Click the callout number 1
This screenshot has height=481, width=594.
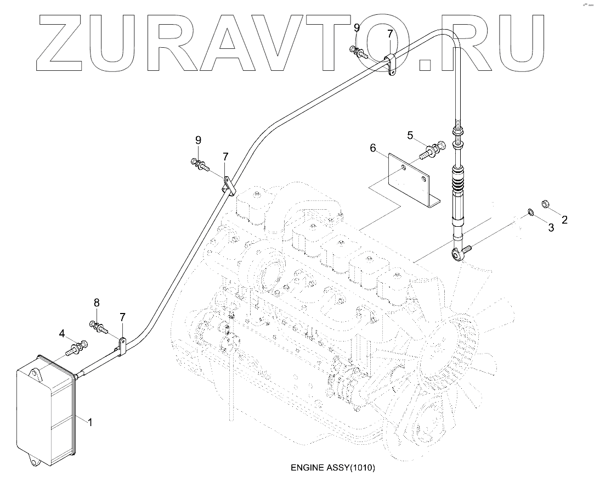tap(90, 423)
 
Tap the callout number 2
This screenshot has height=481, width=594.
tap(564, 220)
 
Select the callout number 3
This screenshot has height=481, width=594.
tap(551, 228)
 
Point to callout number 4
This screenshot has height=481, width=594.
tap(62, 333)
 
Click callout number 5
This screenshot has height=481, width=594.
tap(410, 135)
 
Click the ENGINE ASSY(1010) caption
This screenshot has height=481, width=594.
tap(332, 468)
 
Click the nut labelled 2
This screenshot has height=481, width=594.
tap(546, 204)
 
